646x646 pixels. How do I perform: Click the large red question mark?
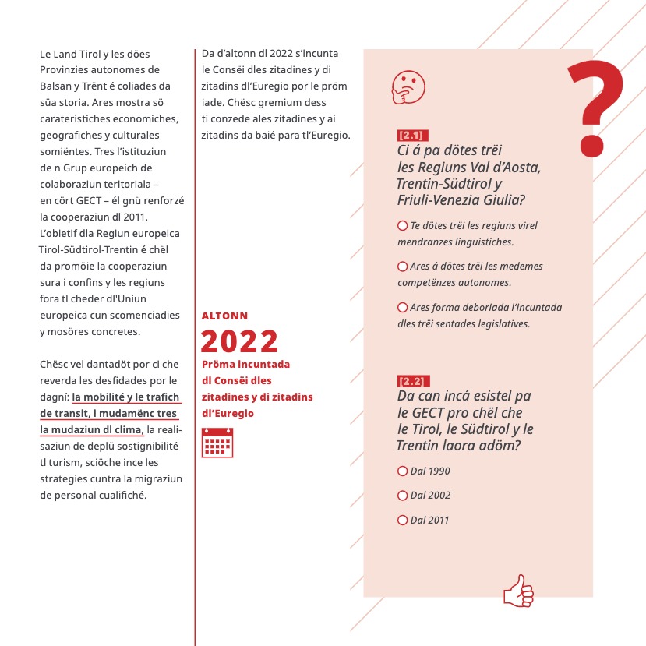(595, 107)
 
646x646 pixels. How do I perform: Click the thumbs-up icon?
(518, 591)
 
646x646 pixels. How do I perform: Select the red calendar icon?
(217, 442)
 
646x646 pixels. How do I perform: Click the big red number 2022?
(239, 341)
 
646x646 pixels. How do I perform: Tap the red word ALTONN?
(224, 316)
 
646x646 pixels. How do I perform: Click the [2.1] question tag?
(411, 135)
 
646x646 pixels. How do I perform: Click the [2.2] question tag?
(411, 381)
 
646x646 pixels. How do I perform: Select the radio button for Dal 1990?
(403, 471)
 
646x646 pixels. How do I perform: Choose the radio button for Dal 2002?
(403, 495)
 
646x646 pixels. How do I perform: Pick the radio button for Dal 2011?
(403, 520)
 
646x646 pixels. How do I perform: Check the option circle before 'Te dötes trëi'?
(403, 225)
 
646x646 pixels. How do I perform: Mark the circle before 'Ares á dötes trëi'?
(403, 266)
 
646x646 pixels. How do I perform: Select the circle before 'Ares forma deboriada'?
(403, 307)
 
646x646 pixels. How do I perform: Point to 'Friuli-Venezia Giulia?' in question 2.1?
(458, 199)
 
